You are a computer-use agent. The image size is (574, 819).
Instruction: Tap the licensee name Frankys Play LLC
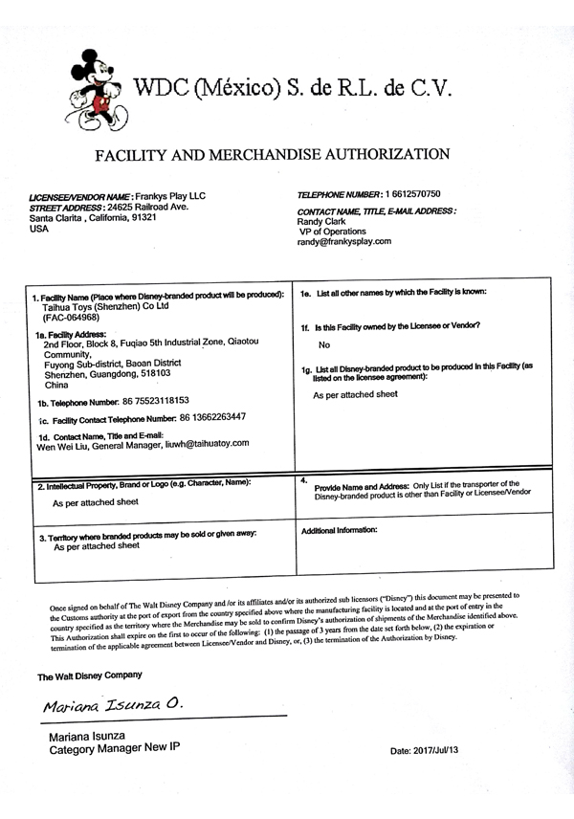point(170,195)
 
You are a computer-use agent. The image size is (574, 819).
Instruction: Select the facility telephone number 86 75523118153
point(147,401)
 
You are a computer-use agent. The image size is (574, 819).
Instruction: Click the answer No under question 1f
point(323,344)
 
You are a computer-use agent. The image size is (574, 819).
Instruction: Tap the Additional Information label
point(340,529)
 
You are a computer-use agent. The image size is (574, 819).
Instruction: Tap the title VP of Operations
point(334,231)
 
